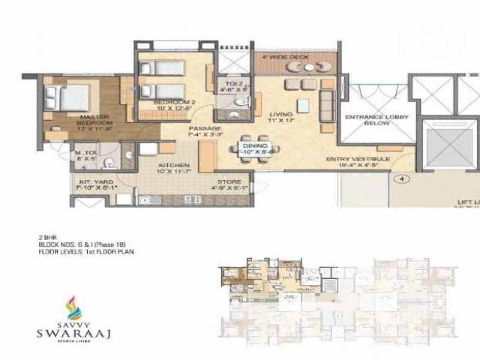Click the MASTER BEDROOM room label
(x=95, y=120)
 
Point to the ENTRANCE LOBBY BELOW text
(x=376, y=120)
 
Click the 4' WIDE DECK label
(x=285, y=57)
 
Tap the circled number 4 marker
(x=402, y=180)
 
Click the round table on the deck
(x=308, y=68)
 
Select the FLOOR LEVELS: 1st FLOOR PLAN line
(x=86, y=252)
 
